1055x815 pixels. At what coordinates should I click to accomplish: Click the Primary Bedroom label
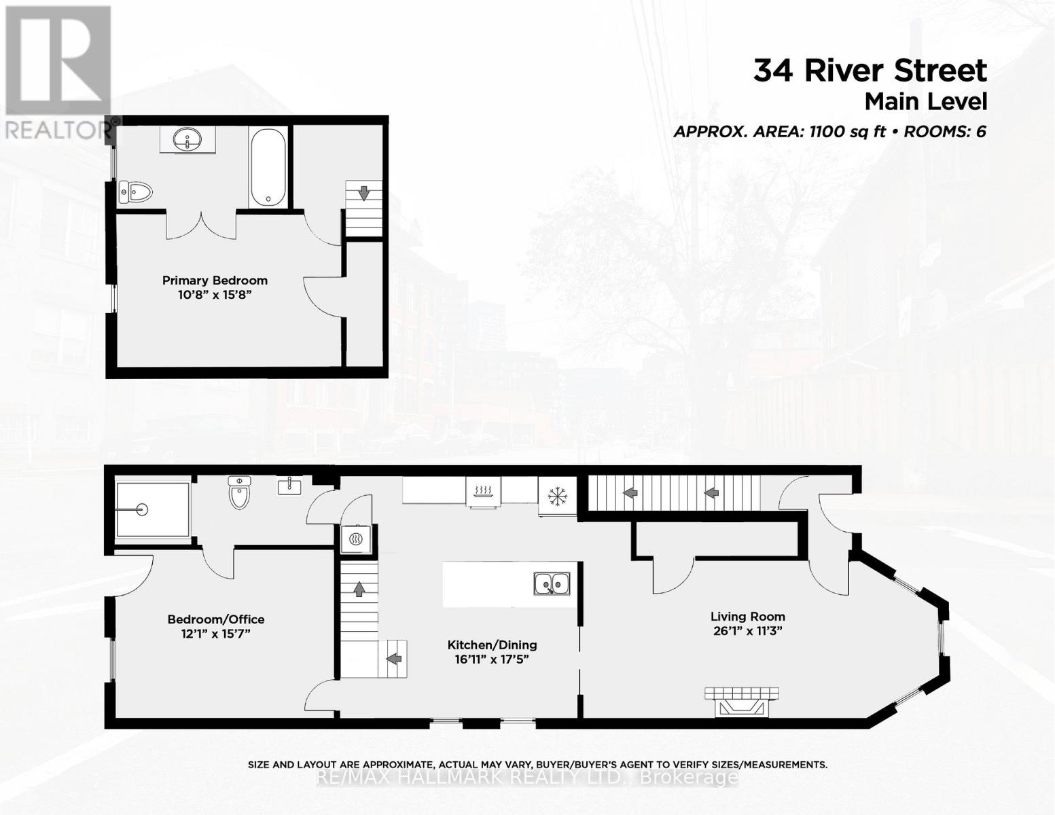coord(215,280)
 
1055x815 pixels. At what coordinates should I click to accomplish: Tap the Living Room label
coord(747,617)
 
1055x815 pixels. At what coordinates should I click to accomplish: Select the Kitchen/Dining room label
coord(492,645)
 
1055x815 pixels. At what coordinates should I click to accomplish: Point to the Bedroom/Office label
coord(216,619)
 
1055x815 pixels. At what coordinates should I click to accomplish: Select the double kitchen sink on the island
coord(551,583)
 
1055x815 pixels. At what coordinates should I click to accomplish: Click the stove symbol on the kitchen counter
coord(483,491)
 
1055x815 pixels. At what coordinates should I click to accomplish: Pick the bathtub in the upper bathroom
coord(268,167)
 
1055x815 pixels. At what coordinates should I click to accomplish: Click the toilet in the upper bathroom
coord(135,192)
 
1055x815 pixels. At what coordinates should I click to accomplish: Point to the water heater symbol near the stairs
coord(356,539)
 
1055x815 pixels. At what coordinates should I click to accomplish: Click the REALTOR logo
coord(58,71)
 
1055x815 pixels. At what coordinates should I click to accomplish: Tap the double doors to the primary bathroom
coord(201,224)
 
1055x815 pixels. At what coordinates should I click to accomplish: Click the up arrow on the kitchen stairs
coord(358,589)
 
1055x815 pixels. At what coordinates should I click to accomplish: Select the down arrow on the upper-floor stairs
coord(364,194)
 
